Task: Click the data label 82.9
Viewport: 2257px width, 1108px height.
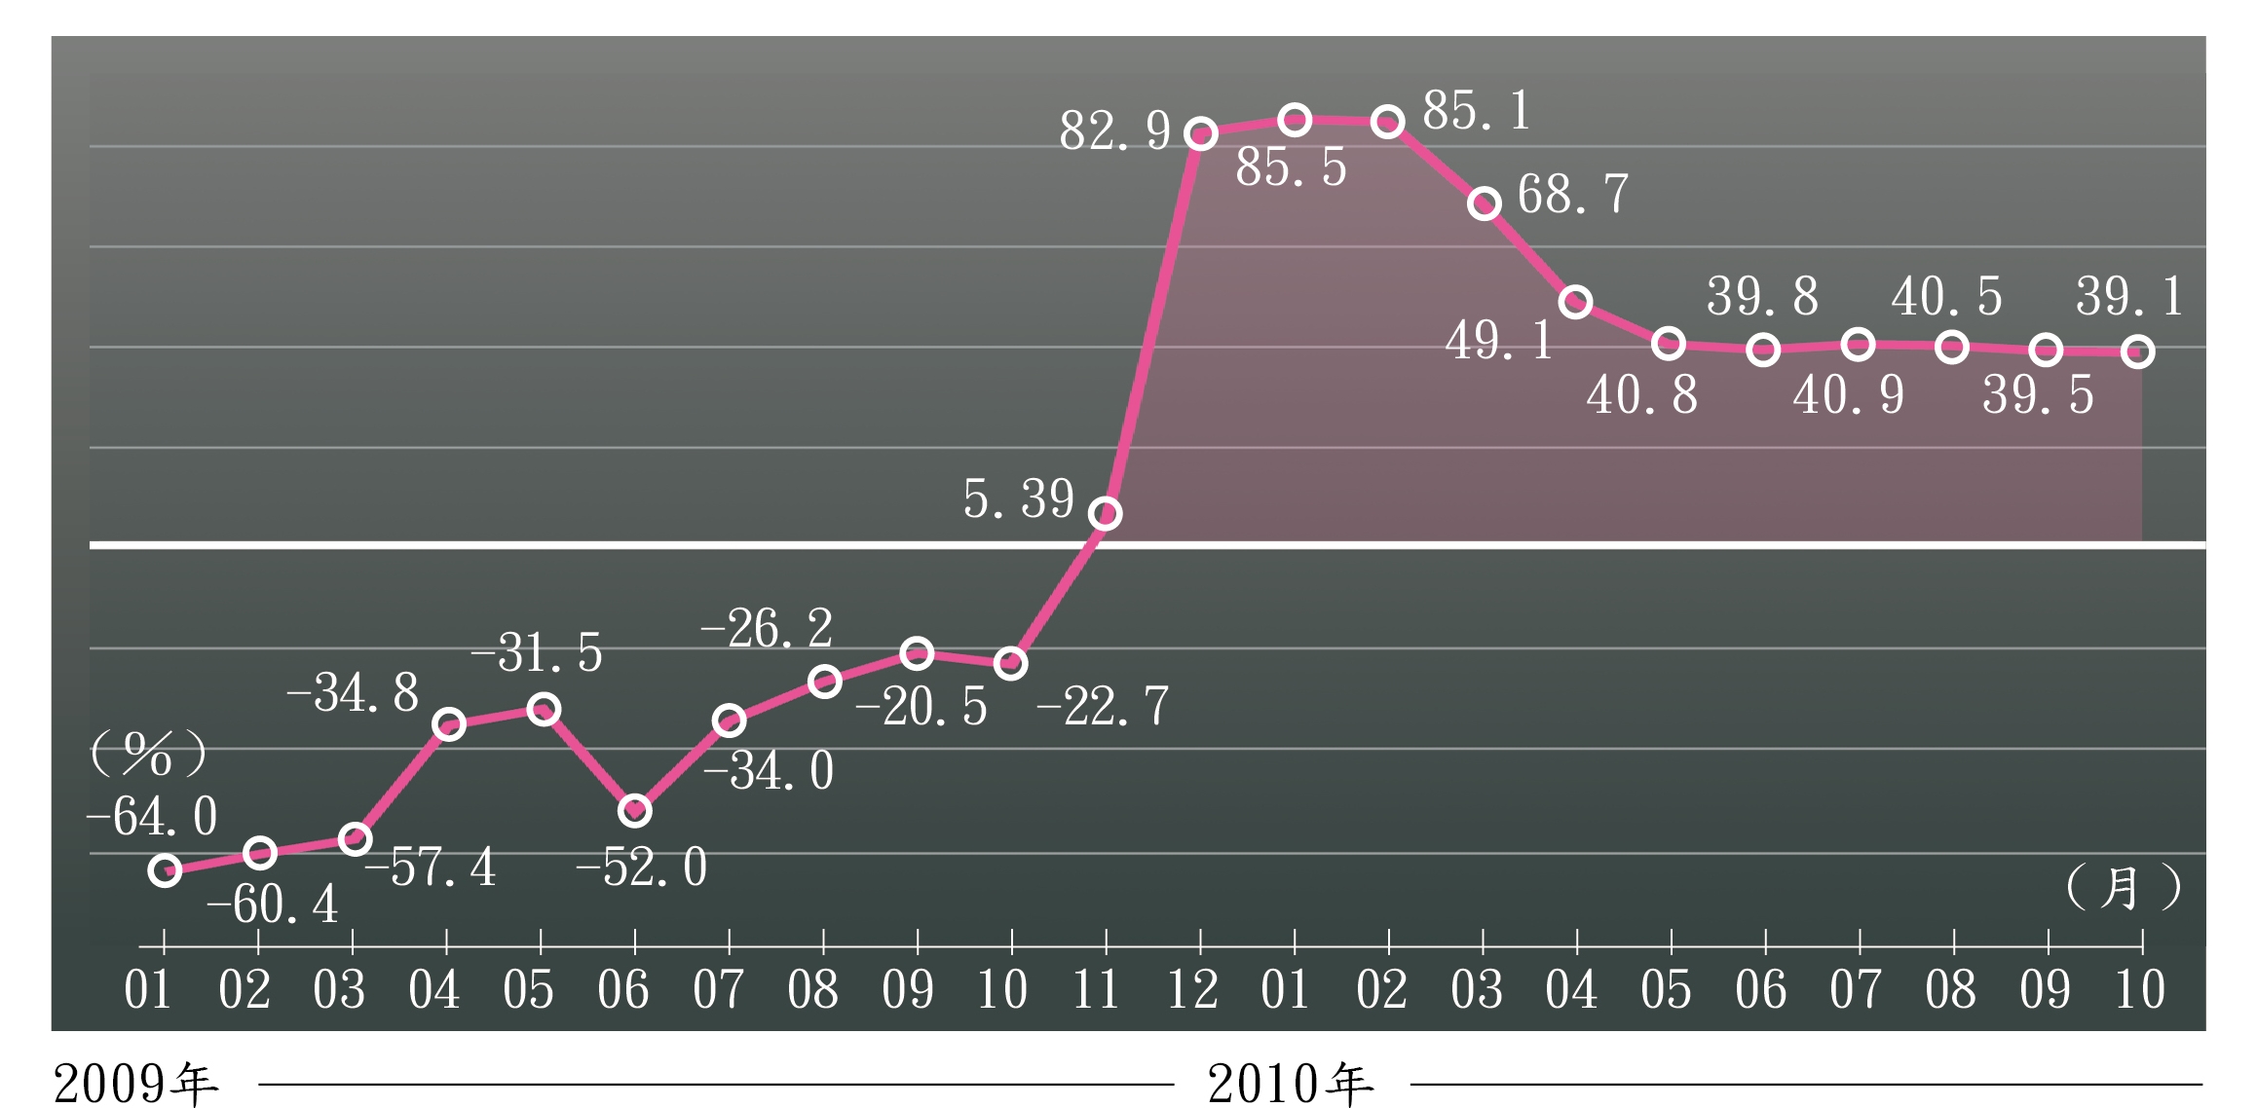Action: pos(1115,130)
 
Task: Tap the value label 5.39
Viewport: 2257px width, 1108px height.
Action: pos(1019,499)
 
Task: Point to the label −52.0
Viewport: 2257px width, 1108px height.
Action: pos(642,867)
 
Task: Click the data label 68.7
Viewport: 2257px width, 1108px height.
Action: pos(1573,194)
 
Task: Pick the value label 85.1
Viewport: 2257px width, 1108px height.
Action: pos(1477,110)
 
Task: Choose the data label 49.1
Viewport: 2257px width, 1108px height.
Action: pos(1499,341)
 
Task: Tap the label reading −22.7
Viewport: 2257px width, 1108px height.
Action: pos(1103,706)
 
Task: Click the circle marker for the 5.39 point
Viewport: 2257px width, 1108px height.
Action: pos(1105,513)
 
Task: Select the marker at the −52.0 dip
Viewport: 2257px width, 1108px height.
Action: pos(634,810)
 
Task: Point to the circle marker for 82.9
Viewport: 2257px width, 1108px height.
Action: pos(1201,134)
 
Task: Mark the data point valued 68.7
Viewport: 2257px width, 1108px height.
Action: pos(1484,203)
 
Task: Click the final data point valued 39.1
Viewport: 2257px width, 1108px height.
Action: pos(2137,351)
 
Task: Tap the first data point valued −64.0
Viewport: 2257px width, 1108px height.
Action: pos(165,870)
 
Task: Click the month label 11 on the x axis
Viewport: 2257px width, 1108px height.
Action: pos(1097,990)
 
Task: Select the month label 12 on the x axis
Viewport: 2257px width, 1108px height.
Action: pos(1192,990)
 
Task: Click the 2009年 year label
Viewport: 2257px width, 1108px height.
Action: pos(135,1084)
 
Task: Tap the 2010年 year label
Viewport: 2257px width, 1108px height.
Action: pos(1291,1084)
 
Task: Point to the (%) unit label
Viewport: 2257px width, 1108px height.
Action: pos(148,753)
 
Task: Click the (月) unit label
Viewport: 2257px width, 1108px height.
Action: pos(2124,887)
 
